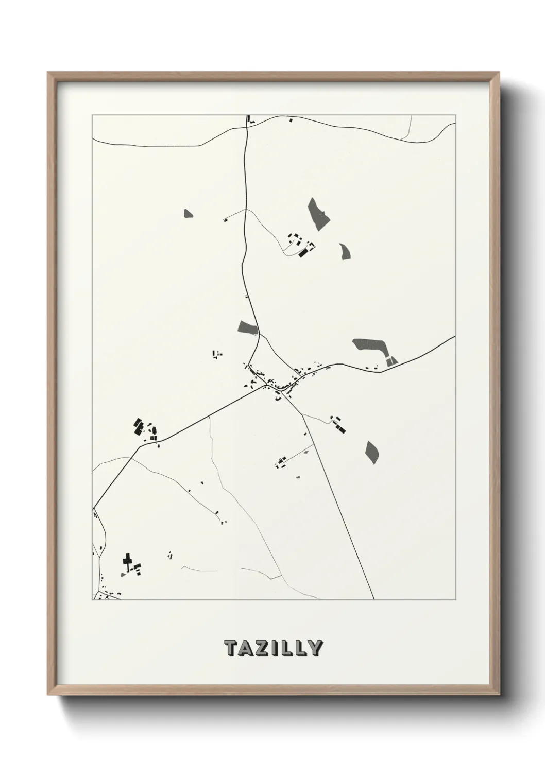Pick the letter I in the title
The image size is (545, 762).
tap(276, 648)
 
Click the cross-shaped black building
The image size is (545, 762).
tap(127, 560)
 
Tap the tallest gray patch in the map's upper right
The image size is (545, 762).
tap(319, 213)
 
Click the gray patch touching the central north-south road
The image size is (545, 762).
tap(248, 327)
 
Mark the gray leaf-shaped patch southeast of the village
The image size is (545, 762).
tap(371, 452)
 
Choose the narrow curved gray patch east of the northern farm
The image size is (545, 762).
tap(345, 251)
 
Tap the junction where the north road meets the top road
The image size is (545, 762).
tap(248, 125)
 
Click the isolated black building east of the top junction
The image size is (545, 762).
tap(290, 120)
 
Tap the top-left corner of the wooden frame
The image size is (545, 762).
tap(48, 73)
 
